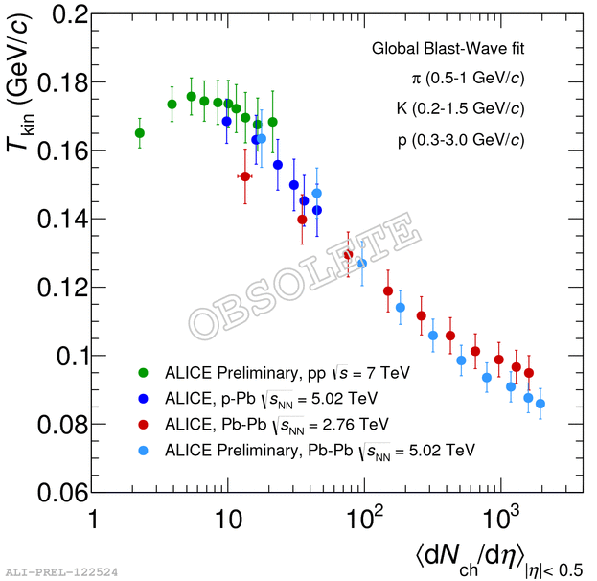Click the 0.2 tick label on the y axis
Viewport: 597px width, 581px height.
coord(62,14)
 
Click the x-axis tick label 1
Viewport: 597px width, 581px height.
coord(93,520)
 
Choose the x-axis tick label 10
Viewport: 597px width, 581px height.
coord(228,520)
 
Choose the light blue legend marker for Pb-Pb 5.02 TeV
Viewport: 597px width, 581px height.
coord(144,449)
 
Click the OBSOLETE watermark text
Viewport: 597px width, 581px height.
coord(305,278)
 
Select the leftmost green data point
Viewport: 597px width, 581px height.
coord(140,133)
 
